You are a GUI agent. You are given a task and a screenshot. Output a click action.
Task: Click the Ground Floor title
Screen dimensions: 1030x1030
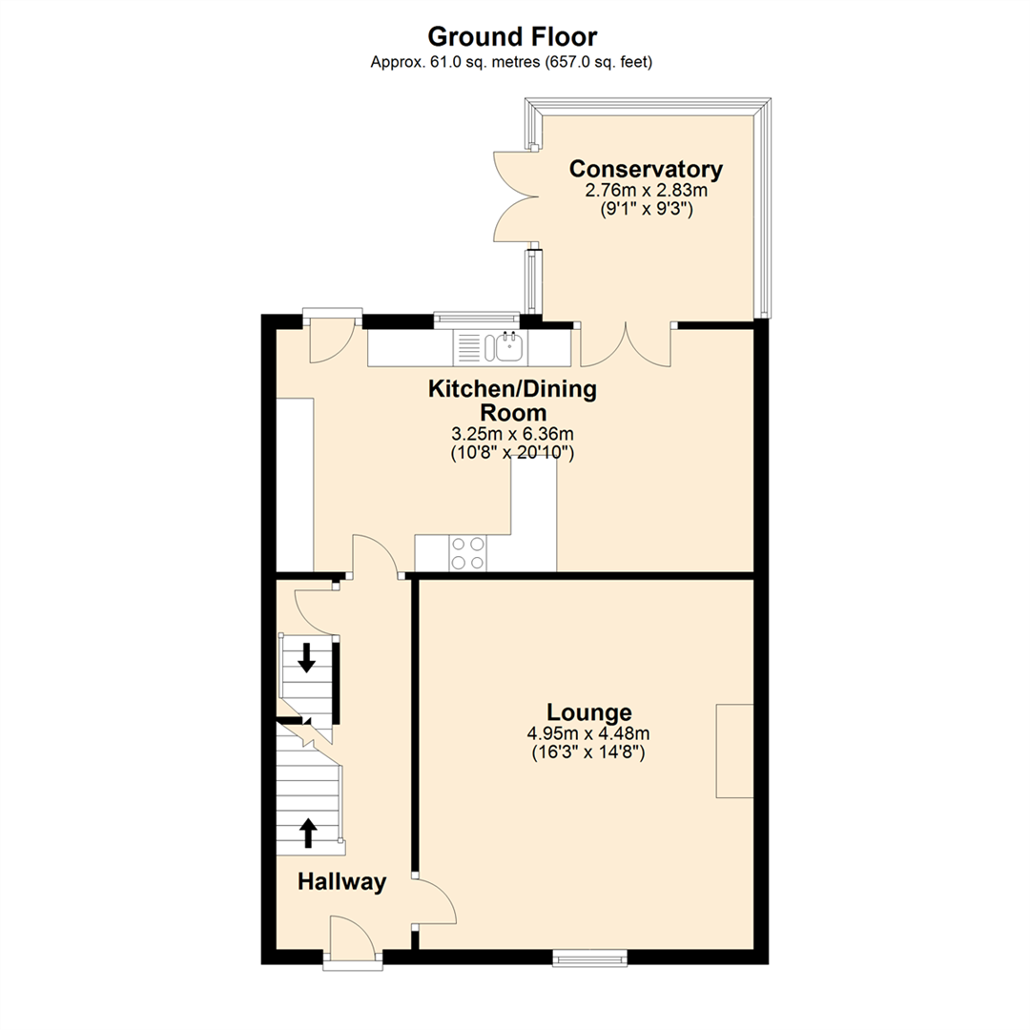[512, 37]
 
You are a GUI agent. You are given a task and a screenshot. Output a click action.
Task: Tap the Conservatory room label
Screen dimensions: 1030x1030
[646, 170]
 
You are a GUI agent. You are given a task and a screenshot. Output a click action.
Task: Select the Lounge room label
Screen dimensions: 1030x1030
[588, 712]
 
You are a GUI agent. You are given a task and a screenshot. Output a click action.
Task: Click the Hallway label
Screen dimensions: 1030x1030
[342, 882]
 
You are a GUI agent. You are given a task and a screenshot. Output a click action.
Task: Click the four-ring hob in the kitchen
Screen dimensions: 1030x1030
[467, 553]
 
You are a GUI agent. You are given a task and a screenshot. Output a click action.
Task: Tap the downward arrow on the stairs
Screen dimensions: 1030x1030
[307, 657]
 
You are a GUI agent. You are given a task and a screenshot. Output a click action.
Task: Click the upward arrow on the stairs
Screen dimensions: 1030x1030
[308, 832]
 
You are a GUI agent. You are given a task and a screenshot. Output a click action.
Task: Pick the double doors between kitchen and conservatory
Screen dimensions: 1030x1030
[626, 345]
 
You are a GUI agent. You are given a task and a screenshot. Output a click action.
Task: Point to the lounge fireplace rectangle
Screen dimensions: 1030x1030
[734, 751]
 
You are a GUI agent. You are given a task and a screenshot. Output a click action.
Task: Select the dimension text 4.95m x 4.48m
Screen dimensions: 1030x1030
[588, 733]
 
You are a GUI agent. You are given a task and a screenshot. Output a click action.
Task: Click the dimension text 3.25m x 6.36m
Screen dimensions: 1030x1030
[511, 435]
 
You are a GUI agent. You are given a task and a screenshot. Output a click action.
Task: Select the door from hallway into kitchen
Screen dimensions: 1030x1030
[375, 555]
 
